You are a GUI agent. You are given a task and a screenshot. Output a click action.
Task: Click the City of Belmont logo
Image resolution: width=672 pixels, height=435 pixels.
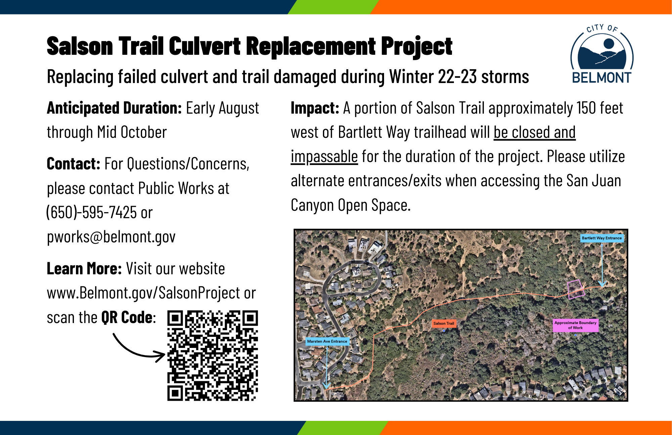coord(602,54)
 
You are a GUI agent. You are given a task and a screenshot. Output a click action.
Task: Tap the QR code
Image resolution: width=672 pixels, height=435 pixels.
coord(213,356)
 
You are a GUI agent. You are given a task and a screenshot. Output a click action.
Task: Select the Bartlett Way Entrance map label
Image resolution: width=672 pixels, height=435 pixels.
coord(602,238)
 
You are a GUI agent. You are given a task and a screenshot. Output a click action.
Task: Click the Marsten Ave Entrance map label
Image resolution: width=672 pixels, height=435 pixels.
coord(327,341)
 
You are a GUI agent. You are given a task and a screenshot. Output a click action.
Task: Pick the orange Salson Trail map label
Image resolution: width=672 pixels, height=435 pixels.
coord(444,323)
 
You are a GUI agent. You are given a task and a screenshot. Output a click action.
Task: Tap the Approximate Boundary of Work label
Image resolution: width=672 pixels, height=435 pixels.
coord(576,325)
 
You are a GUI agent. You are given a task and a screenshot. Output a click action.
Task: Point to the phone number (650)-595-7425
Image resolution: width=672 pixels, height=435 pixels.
coord(91,212)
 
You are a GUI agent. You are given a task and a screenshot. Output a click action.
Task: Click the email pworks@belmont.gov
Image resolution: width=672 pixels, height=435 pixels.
coord(111,237)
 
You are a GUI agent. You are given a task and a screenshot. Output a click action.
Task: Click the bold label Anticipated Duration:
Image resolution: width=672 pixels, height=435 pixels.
coord(114,108)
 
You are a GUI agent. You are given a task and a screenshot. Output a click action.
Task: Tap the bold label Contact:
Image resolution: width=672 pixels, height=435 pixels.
coord(74,164)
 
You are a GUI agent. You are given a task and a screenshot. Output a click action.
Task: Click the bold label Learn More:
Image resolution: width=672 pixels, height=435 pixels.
coord(84,269)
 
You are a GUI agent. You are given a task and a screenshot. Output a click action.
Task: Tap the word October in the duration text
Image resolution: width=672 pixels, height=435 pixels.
coord(144,132)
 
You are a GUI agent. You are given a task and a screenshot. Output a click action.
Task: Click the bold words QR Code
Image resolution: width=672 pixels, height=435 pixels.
coord(127,318)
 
